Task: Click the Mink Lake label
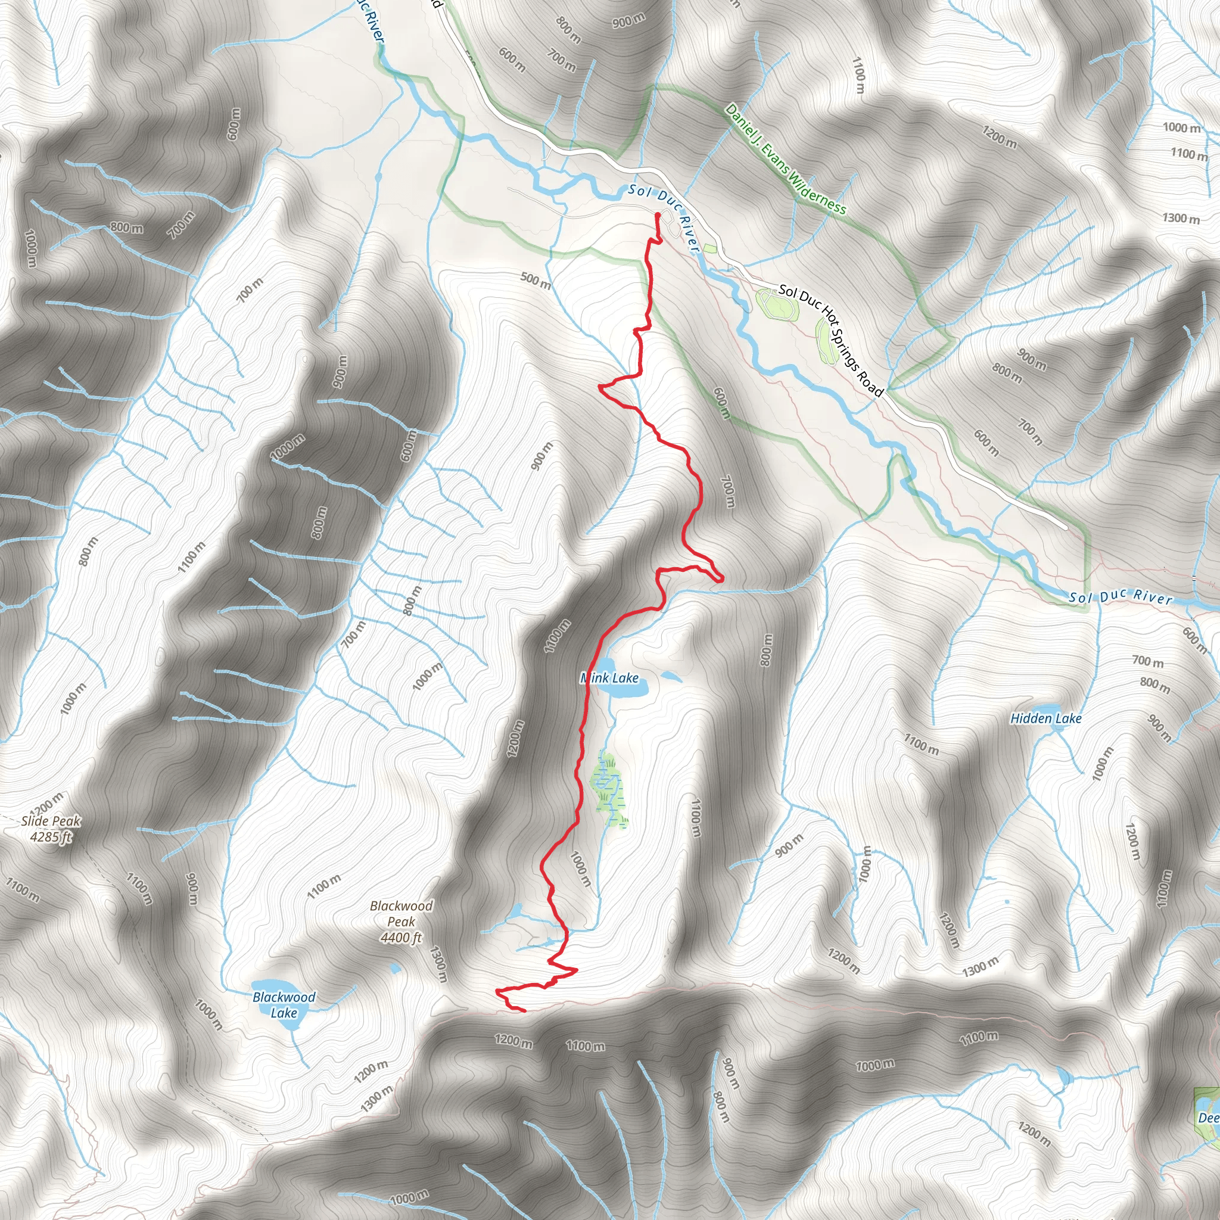tap(609, 678)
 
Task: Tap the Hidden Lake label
tap(1045, 718)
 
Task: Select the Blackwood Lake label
tap(284, 1005)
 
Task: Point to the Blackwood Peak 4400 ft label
tap(402, 922)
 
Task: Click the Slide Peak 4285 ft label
tap(51, 829)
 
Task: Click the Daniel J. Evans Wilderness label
tap(786, 159)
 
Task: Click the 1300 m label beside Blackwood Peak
tap(438, 964)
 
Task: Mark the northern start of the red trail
tap(658, 216)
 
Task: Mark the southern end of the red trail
tap(524, 1011)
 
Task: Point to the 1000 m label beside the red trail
tap(581, 869)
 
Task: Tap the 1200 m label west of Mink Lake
tap(515, 739)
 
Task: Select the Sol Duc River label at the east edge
tap(1121, 596)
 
